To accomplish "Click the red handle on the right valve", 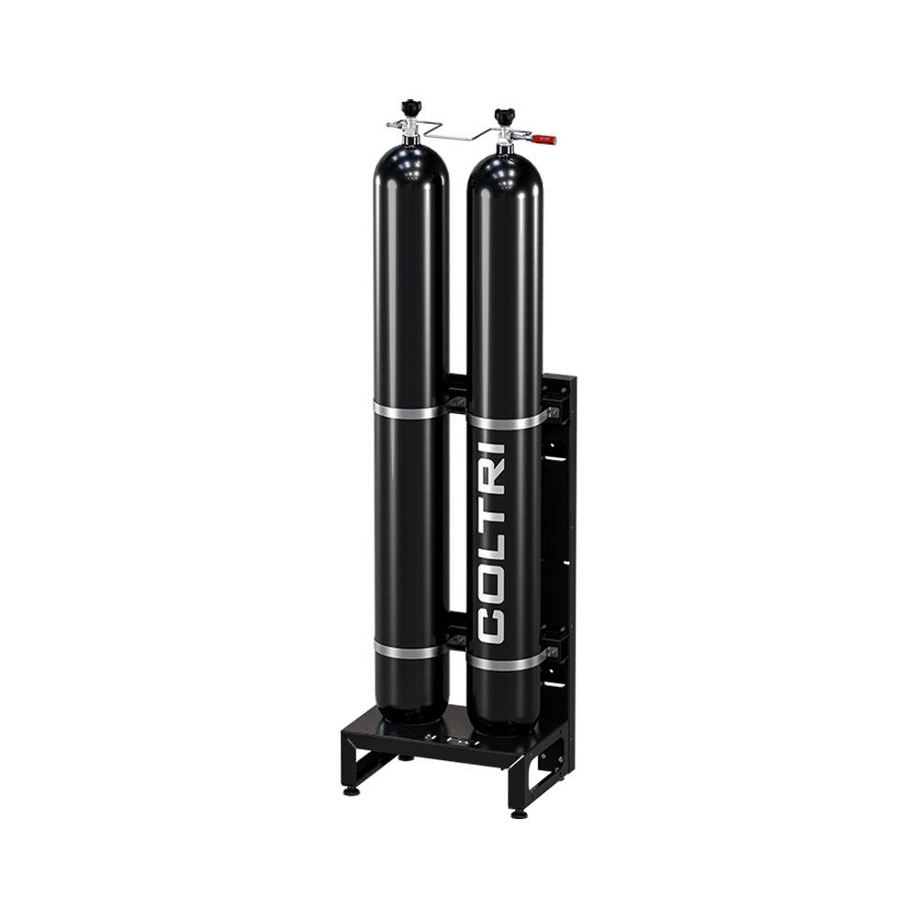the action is pyautogui.click(x=543, y=140).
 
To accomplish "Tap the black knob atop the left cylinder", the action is pyautogui.click(x=409, y=108).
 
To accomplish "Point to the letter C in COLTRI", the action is pyautogui.click(x=492, y=623).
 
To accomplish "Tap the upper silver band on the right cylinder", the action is pyautogui.click(x=507, y=420).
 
